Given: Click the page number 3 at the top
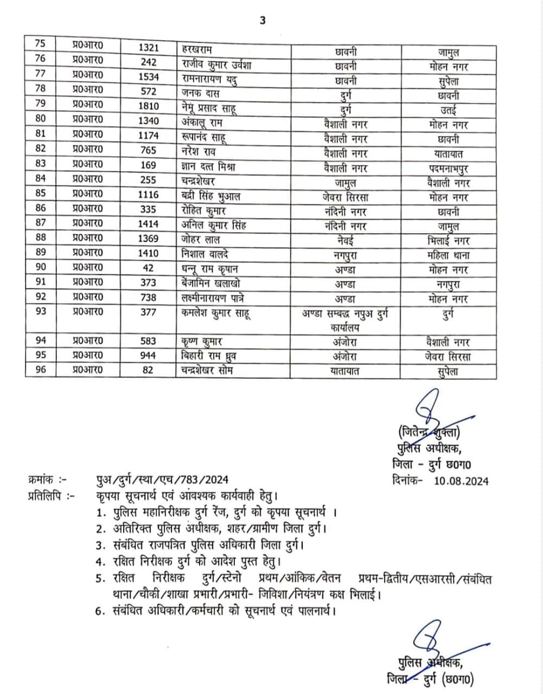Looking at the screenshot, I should click(x=263, y=21).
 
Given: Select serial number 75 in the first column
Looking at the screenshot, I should click(x=40, y=44).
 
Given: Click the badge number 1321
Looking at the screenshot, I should click(x=148, y=48).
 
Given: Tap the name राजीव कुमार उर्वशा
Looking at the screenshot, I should click(x=216, y=64).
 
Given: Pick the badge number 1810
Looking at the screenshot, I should click(x=148, y=106).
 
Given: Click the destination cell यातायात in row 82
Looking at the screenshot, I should click(x=444, y=154).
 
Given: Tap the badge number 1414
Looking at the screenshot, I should click(x=148, y=223).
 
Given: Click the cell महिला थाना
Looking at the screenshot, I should click(x=448, y=255).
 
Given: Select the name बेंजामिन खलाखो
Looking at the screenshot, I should click(x=212, y=283).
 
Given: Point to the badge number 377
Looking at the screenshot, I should click(x=148, y=312).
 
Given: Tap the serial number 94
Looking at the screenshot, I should click(x=40, y=340).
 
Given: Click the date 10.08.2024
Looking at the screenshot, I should click(x=461, y=480).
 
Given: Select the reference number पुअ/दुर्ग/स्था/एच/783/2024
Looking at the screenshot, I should click(x=159, y=479).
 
